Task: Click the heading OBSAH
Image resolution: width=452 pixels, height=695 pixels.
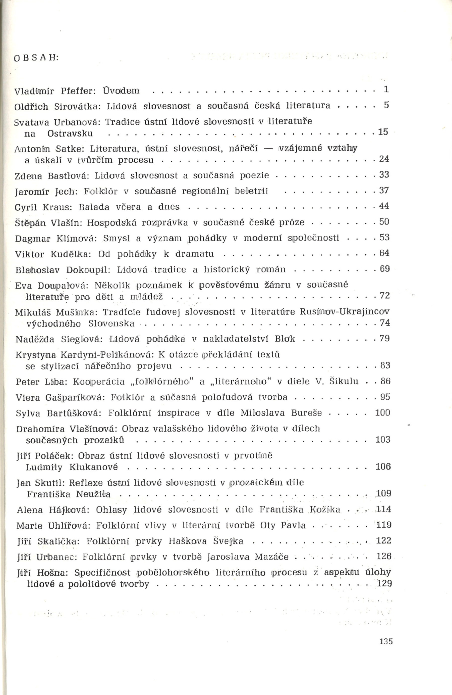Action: click(x=36, y=58)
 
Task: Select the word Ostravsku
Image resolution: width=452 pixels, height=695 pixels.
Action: click(x=70, y=133)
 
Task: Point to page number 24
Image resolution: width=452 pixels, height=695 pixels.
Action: click(x=384, y=159)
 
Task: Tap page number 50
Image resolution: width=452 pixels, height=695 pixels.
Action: click(x=384, y=222)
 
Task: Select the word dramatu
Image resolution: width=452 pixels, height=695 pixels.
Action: click(x=195, y=254)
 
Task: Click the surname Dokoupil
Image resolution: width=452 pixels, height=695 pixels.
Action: click(x=88, y=269)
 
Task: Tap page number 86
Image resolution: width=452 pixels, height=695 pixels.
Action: click(x=385, y=381)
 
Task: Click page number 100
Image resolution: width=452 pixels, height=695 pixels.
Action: click(x=382, y=413)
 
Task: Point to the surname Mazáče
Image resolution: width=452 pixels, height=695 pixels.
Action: click(x=272, y=557)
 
